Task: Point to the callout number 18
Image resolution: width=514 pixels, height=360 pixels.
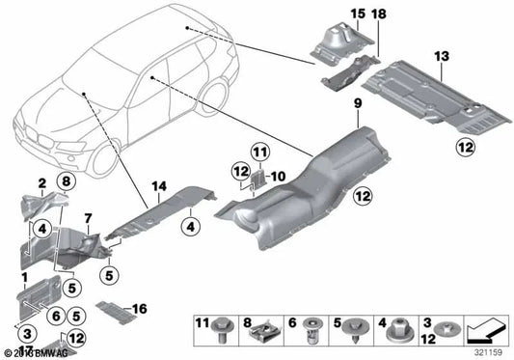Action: (x=377, y=14)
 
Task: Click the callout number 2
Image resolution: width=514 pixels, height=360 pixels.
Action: (x=41, y=182)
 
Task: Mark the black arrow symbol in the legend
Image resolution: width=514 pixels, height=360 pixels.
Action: (x=485, y=329)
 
